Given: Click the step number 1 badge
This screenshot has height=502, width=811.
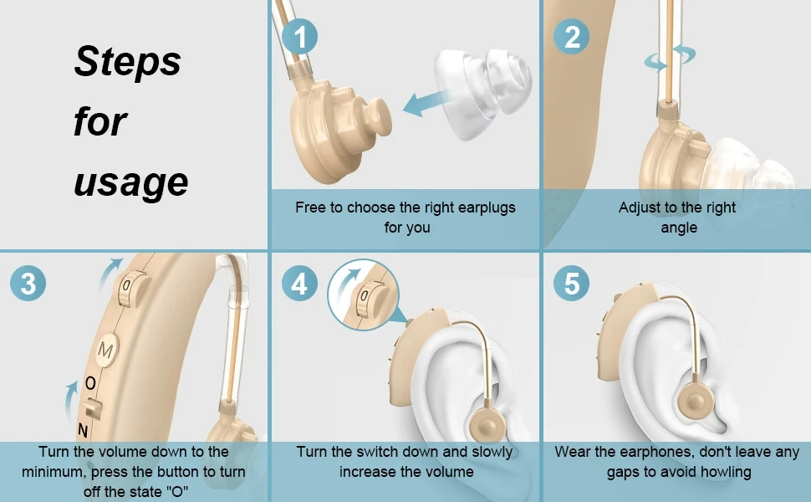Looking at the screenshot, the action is (x=299, y=37).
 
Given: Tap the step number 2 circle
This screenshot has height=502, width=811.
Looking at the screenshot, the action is (x=572, y=37).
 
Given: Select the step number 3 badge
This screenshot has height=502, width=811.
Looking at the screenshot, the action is (x=28, y=284).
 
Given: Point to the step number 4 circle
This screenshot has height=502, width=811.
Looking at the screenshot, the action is (x=299, y=284).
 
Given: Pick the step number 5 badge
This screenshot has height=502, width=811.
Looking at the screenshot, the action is (x=572, y=284).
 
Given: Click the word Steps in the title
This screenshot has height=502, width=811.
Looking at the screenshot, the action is (x=128, y=62).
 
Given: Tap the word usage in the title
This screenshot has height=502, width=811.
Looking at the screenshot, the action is (x=131, y=183).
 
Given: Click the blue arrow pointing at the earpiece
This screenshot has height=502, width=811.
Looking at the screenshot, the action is (x=426, y=102).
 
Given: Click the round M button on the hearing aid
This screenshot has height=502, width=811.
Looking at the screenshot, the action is (x=106, y=351).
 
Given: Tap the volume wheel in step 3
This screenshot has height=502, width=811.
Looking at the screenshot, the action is (x=131, y=288).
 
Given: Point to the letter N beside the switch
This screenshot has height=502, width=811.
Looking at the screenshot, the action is (x=82, y=430).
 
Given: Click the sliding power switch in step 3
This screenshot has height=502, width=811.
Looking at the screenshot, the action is (x=93, y=409).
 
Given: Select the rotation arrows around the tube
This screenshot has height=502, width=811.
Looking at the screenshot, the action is (x=670, y=57).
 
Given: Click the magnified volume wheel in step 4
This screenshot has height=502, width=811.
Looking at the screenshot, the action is (x=372, y=300).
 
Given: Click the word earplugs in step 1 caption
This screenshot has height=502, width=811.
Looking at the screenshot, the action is (x=487, y=208).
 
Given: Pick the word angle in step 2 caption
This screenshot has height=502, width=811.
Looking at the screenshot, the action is (x=679, y=228).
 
